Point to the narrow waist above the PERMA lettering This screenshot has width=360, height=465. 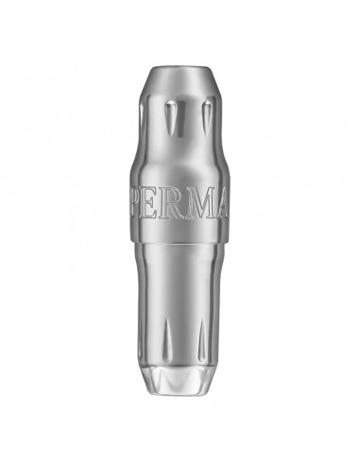pos(180,180)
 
